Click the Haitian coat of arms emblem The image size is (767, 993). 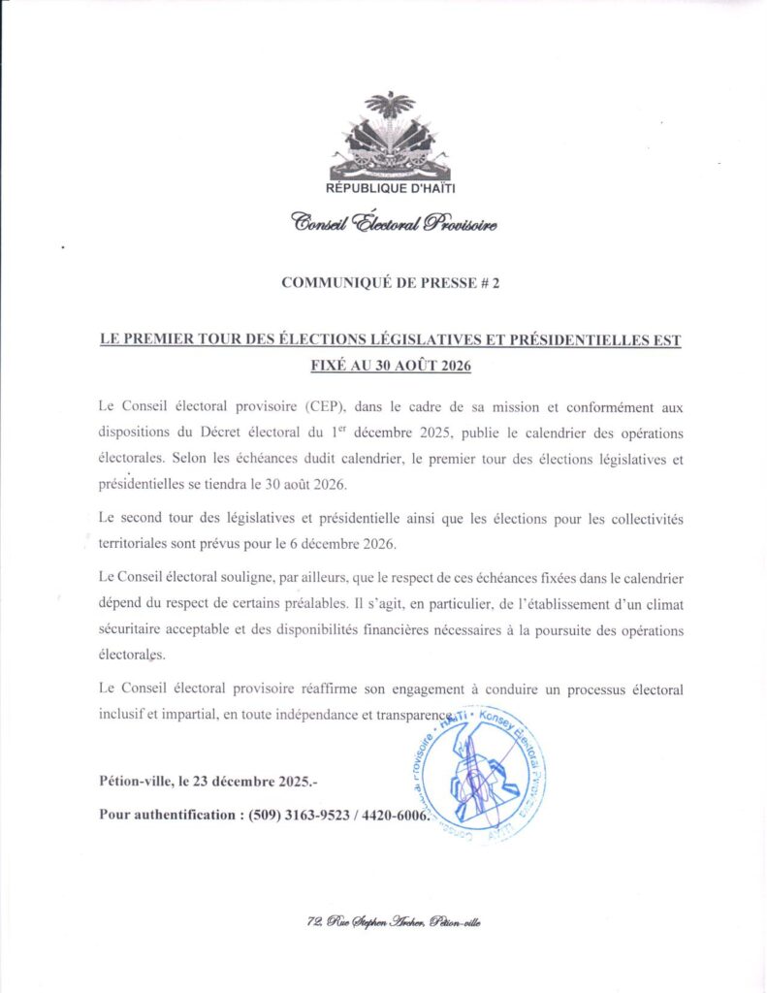[x=390, y=137]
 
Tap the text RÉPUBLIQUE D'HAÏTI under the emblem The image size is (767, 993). [x=390, y=188]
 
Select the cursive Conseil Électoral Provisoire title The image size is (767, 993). [x=394, y=224]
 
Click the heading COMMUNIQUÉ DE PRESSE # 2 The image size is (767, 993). [x=390, y=283]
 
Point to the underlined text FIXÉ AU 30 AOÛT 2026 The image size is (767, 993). [x=389, y=367]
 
